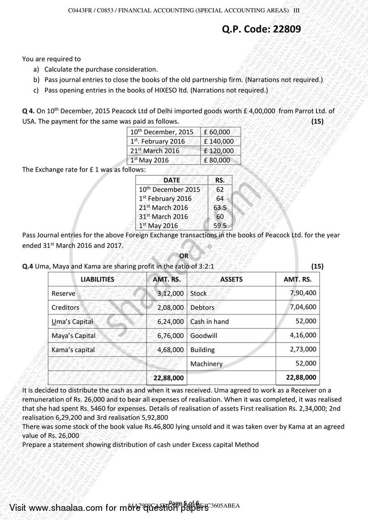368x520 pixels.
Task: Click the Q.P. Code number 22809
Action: pos(284,29)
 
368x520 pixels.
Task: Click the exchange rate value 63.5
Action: pos(220,207)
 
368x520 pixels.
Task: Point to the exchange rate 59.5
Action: pos(220,226)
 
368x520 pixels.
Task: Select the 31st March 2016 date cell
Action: pos(163,217)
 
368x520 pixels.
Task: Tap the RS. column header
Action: pos(220,180)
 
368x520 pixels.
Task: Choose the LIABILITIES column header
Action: pos(97,279)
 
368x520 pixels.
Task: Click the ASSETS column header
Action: pos(231,279)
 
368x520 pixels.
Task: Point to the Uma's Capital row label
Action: pos(72,321)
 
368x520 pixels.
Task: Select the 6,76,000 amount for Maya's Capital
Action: pos(170,336)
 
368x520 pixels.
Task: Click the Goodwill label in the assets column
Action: pos(204,336)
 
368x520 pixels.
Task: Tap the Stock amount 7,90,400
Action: pos(303,293)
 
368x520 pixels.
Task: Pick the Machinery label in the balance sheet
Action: pos(207,364)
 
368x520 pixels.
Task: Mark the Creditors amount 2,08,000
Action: pos(170,307)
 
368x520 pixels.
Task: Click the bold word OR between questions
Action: pos(184,256)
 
